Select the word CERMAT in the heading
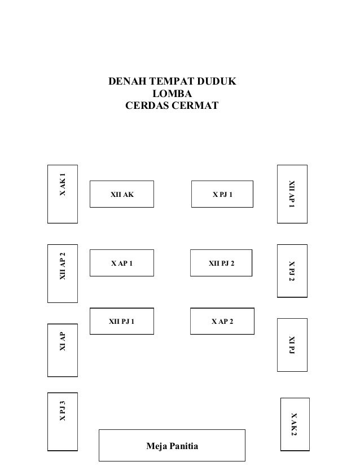(194, 105)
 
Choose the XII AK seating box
(122, 195)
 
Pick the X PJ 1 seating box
(222, 195)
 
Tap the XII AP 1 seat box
(292, 194)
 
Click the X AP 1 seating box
(122, 263)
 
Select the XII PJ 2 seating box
(221, 263)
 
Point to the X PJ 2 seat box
(292, 271)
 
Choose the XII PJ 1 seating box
(122, 322)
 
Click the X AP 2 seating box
(222, 322)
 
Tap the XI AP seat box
(62, 350)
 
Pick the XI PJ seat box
(292, 345)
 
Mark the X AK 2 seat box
(295, 424)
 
